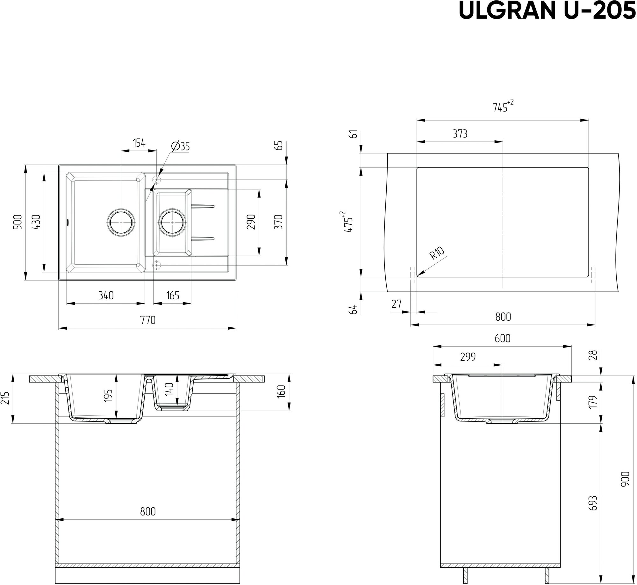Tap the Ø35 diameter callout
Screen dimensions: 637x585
181,146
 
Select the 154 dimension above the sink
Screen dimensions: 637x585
139,143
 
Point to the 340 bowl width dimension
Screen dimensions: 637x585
106,296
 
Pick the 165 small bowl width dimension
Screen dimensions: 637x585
173,296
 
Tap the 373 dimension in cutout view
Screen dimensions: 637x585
460,134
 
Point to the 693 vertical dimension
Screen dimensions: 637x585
593,503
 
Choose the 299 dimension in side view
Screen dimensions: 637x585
468,357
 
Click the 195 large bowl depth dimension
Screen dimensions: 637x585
109,396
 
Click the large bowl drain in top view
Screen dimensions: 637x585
121,222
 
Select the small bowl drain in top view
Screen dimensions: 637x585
172,222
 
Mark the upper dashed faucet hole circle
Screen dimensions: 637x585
157,180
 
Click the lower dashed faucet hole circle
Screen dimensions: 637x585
157,265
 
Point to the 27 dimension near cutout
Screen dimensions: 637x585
397,304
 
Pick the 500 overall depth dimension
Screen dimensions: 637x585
18,222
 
